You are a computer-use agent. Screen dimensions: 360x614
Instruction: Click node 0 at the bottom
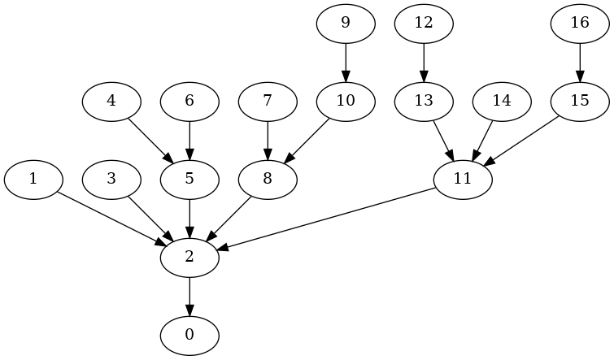[x=189, y=336]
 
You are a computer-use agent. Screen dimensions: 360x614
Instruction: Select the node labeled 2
[x=189, y=258]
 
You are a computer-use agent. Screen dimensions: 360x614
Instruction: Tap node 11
[x=463, y=180]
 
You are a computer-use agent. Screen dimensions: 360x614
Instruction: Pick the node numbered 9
[x=346, y=24]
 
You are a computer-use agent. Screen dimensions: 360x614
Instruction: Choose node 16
[x=580, y=24]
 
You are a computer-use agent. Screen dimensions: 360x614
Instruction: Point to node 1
[x=33, y=180]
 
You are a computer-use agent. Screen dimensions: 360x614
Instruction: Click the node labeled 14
[x=502, y=102]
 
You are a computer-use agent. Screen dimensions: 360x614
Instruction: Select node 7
[x=268, y=102]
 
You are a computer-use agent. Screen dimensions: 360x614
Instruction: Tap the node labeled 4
[x=111, y=102]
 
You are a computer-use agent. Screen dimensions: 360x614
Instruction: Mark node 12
[x=424, y=24]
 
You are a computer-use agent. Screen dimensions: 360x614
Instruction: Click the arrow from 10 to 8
[x=307, y=141]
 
